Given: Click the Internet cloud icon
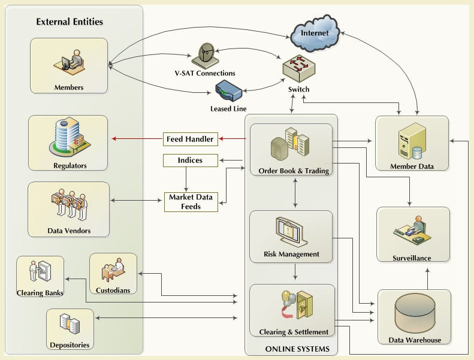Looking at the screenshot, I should click(x=315, y=34).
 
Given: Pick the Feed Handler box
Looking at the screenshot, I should click(x=189, y=139).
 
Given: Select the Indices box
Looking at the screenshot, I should click(x=189, y=161).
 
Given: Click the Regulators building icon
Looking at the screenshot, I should click(x=68, y=138).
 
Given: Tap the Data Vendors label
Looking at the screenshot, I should click(x=68, y=231).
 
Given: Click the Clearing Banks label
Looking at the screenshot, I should click(x=40, y=293).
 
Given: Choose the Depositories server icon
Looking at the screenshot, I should click(x=70, y=324).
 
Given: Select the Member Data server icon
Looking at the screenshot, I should click(x=412, y=140).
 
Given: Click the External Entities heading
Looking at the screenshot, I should click(x=70, y=22).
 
